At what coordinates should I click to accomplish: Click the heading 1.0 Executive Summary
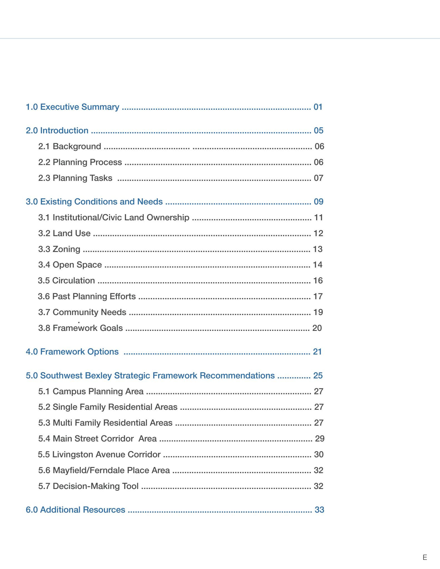(72, 107)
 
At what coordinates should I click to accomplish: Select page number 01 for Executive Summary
(318, 107)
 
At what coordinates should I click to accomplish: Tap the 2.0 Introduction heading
(57, 131)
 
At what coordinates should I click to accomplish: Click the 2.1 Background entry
(69, 146)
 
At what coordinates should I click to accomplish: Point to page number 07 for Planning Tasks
(319, 178)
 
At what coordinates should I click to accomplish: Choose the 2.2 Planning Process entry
(80, 162)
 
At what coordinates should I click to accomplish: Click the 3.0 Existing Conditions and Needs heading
(94, 202)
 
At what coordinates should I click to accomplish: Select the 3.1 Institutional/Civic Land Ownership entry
(114, 218)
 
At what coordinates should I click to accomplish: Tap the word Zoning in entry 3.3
(66, 249)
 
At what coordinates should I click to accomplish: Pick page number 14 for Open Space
(318, 265)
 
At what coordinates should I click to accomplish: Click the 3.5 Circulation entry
(66, 281)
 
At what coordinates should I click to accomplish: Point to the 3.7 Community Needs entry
(82, 312)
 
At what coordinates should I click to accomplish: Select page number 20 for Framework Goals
(317, 328)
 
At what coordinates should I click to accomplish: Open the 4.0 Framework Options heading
(72, 352)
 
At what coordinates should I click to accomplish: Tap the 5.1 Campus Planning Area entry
(91, 391)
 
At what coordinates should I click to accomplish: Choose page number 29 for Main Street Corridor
(320, 439)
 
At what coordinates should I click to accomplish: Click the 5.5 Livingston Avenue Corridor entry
(99, 455)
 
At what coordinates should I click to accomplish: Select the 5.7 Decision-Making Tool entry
(88, 486)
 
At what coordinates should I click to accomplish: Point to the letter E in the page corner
(425, 557)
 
